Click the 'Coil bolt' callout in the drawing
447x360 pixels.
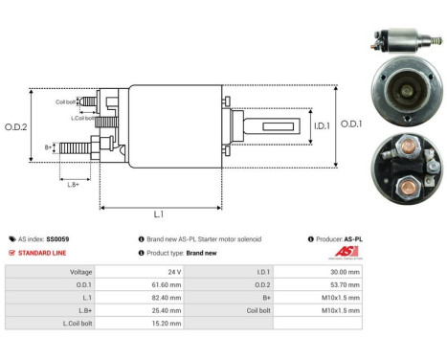click(66, 101)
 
